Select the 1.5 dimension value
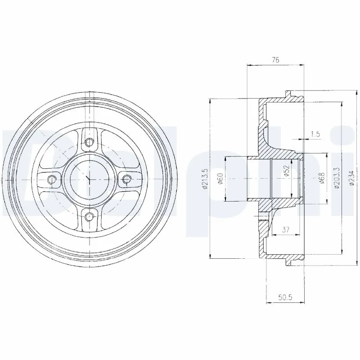pos(315,134)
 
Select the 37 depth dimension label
pos(285,230)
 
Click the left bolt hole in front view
pos(53,180)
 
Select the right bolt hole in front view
pos(126,180)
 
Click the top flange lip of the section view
pos(292,95)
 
